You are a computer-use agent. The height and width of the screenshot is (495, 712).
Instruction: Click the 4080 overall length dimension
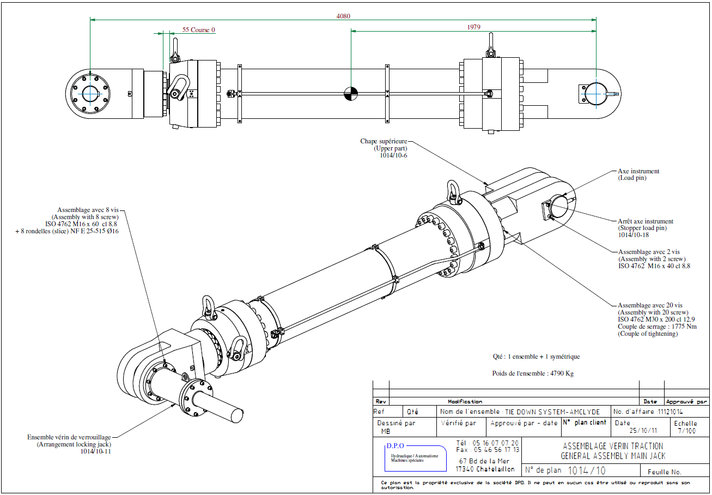tap(344, 16)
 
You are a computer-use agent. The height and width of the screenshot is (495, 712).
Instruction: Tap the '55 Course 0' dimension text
tap(199, 29)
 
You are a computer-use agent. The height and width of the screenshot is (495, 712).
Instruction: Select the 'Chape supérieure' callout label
tap(384, 141)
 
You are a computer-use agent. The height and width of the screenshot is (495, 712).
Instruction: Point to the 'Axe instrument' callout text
tap(638, 171)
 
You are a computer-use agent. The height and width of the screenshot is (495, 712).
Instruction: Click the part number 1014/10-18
tap(634, 236)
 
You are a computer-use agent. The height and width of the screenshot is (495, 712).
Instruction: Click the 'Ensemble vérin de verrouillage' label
tap(69, 437)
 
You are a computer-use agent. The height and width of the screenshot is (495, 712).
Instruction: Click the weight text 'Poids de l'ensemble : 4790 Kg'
tap(532, 373)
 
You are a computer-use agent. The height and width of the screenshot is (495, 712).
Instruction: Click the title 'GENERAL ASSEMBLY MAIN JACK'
tap(613, 456)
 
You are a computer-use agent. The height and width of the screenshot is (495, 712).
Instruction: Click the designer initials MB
tap(386, 431)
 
